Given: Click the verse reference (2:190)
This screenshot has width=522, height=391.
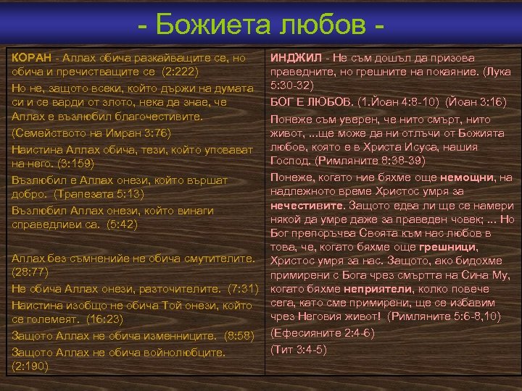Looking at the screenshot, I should click(31, 366).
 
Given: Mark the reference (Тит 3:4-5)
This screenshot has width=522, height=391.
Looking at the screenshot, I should click(298, 349).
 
